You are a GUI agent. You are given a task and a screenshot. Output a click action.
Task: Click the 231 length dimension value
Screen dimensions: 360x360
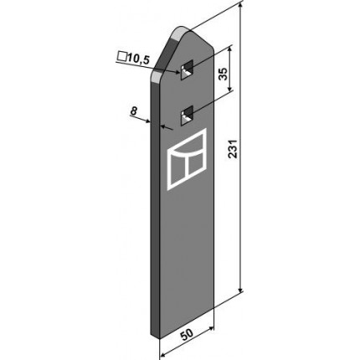(x=234, y=148)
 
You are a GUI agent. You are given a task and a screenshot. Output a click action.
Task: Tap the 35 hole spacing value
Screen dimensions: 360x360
(x=224, y=74)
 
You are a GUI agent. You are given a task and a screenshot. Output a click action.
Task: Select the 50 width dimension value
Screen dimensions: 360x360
(x=187, y=334)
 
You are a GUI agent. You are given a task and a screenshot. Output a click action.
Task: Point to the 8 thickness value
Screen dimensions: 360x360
(x=134, y=111)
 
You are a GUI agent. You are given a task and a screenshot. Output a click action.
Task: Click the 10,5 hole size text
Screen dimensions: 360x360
(x=138, y=59)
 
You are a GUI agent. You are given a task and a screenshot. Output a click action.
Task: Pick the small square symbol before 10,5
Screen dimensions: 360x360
(x=121, y=57)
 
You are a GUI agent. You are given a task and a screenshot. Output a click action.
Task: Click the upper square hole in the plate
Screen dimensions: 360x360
(x=187, y=69)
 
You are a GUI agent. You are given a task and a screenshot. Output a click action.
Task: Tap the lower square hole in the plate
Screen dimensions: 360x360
(x=187, y=116)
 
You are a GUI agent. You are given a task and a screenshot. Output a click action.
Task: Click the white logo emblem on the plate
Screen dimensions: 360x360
(x=187, y=159)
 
